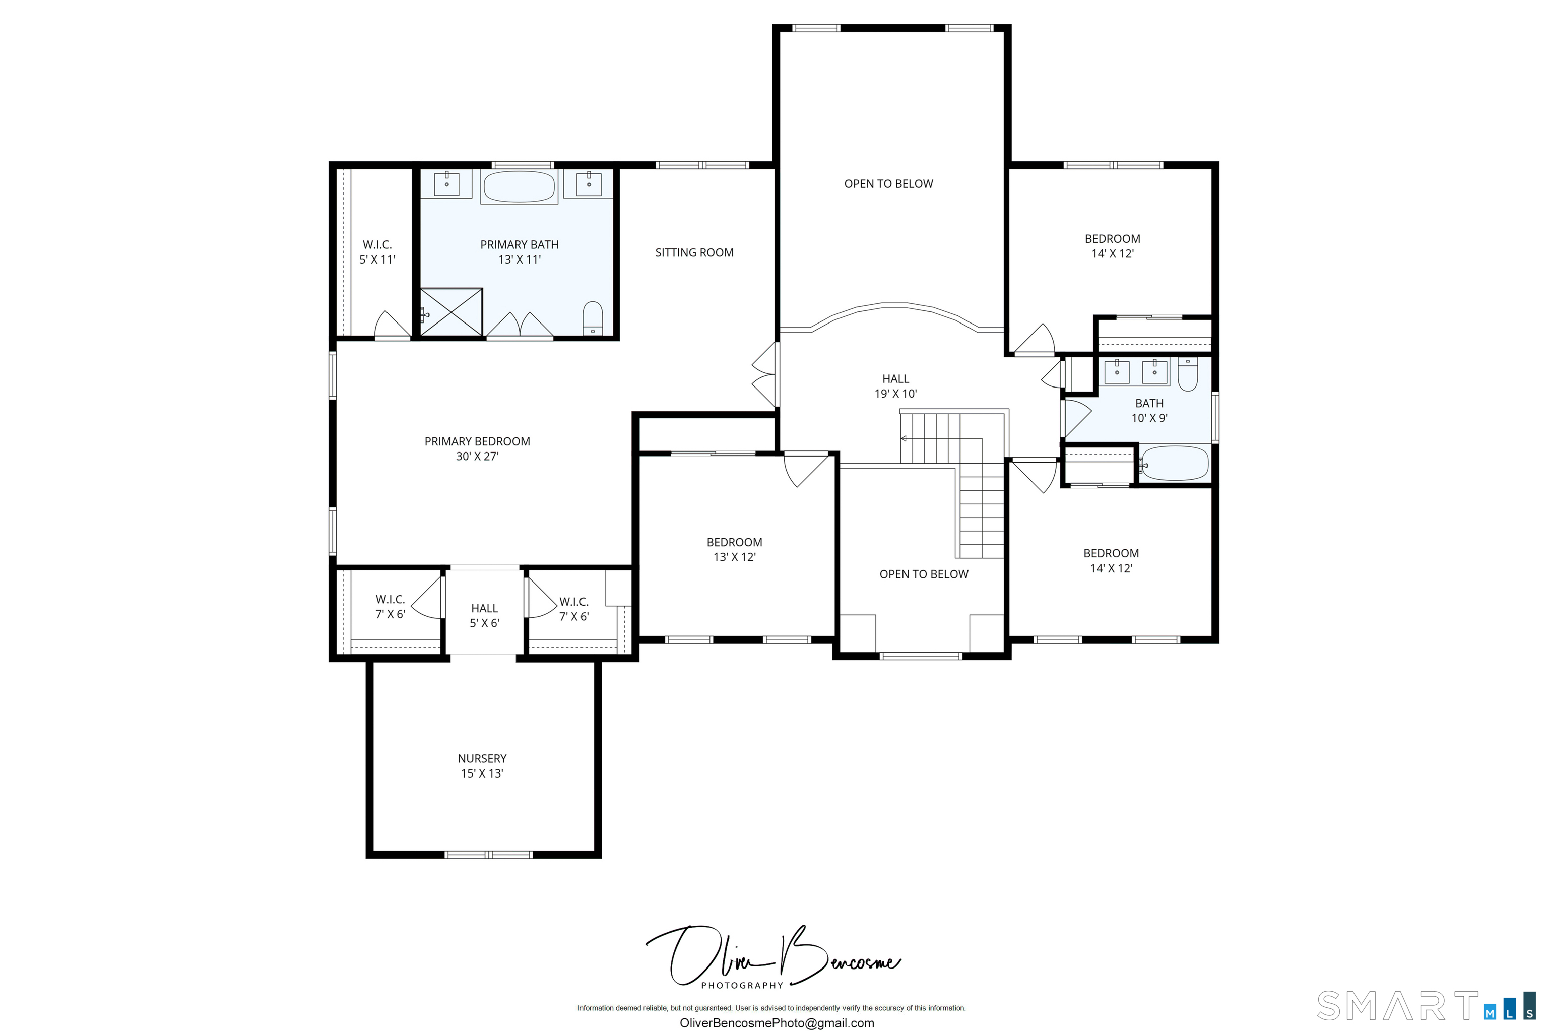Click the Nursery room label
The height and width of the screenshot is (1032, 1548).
482,765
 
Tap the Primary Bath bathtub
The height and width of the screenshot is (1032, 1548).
520,187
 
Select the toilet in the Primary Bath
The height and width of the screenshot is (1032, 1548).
593,318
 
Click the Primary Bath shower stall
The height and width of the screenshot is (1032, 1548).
451,312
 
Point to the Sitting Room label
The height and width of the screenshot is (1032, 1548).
694,253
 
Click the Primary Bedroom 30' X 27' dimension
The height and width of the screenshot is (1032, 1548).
477,456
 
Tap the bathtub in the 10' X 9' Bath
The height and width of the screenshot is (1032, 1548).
1174,464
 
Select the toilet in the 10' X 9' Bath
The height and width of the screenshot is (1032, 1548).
1187,374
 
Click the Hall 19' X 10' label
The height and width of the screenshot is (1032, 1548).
896,386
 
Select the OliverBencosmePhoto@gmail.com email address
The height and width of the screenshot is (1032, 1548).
777,1023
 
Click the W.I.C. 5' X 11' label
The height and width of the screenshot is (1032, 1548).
377,252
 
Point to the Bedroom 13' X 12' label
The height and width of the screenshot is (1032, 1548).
735,550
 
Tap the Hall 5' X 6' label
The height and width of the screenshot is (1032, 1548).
484,615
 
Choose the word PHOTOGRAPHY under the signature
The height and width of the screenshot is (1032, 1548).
742,985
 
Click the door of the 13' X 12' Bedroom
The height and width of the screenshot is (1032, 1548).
806,469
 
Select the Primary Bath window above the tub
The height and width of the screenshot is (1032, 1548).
523,165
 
